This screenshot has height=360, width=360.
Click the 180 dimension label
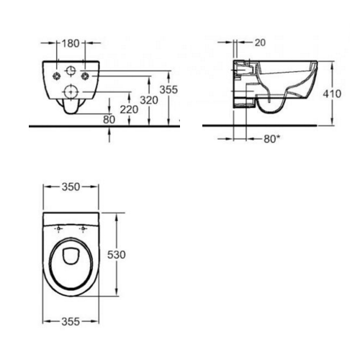click(71, 43)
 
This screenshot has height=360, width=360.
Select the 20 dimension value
click(260, 42)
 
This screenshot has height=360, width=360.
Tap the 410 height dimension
click(332, 94)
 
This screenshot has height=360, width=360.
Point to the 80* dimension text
click(272, 139)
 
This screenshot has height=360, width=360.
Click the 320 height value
click(149, 100)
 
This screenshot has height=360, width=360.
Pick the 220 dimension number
click(129, 109)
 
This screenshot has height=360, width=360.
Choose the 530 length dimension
click(117, 255)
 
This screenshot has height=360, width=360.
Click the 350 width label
click(71, 187)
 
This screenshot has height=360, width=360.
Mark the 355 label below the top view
click(71, 322)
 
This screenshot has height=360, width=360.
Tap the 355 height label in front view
click(168, 90)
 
